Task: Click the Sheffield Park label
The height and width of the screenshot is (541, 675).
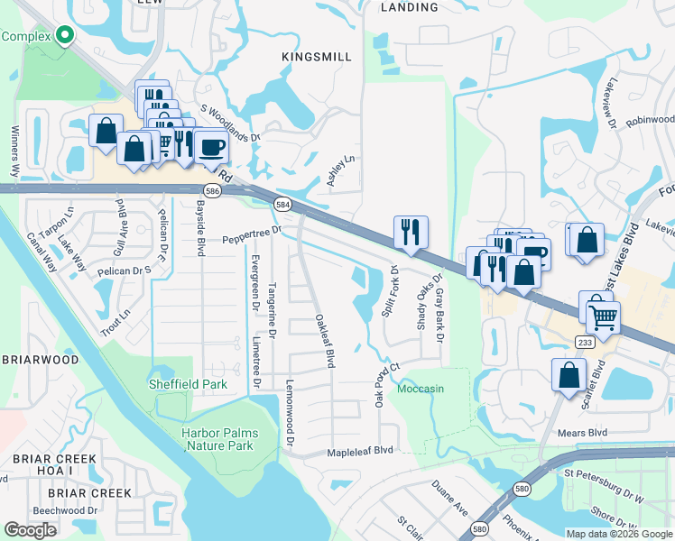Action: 188,384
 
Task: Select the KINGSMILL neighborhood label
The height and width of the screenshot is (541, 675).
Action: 317,57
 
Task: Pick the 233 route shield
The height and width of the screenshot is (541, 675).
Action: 584,342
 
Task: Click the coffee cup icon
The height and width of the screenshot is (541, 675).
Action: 212,146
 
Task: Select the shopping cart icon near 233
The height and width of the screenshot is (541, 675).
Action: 603,316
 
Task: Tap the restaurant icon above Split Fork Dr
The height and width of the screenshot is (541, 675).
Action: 411,231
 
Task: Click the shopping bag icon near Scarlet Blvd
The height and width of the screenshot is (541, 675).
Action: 569,374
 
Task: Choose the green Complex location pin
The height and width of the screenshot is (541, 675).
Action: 64,35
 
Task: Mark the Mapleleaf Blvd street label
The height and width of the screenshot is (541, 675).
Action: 360,450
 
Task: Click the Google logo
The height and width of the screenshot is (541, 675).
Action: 31,530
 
